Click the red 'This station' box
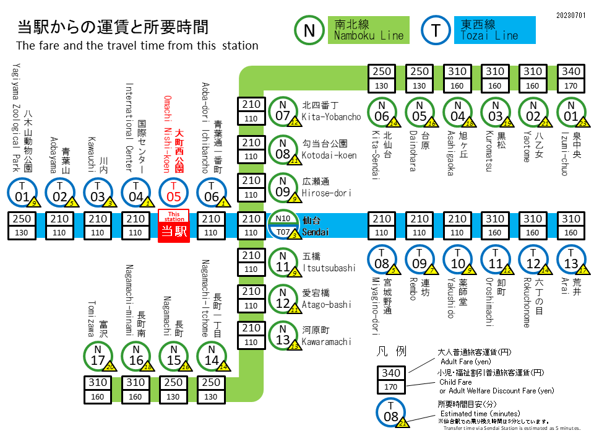[x=174, y=225]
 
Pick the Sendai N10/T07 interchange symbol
[x=283, y=225]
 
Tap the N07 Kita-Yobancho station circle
[x=283, y=111]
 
